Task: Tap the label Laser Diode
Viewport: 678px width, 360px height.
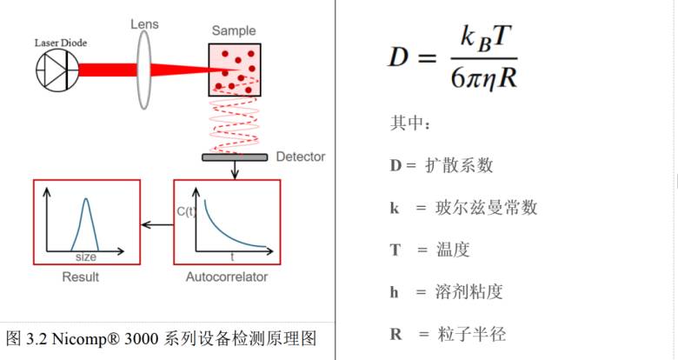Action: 61,43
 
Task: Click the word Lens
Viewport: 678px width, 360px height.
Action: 144,24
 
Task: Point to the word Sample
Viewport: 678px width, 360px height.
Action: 234,30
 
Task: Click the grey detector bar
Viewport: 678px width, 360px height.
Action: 235,157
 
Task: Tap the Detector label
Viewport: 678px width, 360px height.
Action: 301,157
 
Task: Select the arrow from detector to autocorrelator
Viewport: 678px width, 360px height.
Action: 235,170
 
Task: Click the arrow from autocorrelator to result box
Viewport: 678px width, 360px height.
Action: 157,225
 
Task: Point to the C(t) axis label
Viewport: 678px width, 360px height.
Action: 186,211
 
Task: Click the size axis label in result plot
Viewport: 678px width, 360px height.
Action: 85,257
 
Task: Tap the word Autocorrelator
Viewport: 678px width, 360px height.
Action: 227,277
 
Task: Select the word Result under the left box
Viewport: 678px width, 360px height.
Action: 81,277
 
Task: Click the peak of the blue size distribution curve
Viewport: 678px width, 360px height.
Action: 86,198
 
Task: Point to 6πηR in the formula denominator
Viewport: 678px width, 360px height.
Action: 484,77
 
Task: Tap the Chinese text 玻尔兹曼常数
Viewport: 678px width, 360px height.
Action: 486,207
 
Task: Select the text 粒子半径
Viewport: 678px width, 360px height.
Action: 471,334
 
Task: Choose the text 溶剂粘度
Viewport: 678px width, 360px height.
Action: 469,291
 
